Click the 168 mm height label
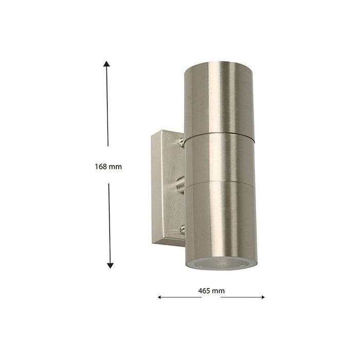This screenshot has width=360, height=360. tap(108, 167)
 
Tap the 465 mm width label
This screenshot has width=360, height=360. tap(211, 291)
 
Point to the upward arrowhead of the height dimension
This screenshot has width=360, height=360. tap(106, 64)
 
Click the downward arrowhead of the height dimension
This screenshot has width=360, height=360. tap(110, 265)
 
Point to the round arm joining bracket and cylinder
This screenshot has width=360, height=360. tap(180, 183)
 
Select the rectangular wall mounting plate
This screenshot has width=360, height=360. tap(164, 188)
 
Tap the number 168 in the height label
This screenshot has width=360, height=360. tap(101, 167)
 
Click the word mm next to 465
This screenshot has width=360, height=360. tap(219, 291)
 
